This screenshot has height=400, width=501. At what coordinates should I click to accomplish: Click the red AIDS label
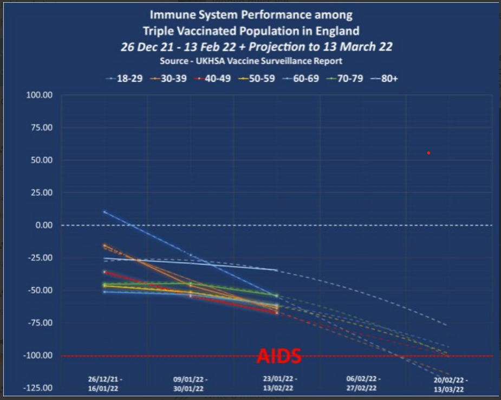pyautogui.click(x=278, y=356)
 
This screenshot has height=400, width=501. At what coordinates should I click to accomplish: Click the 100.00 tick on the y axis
pyautogui.click(x=39, y=95)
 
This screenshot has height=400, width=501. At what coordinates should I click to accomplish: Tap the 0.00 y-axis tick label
pyautogui.click(x=42, y=225)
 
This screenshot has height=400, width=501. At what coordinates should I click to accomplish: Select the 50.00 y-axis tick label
pyautogui.click(x=41, y=160)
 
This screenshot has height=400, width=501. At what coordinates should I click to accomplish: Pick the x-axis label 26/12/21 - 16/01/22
pyautogui.click(x=105, y=383)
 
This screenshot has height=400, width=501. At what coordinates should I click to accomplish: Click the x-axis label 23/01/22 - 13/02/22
pyautogui.click(x=277, y=383)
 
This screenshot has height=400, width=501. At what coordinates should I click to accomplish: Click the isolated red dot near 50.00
pyautogui.click(x=428, y=153)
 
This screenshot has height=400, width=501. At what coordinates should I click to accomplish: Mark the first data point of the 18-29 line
pyautogui.click(x=105, y=211)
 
